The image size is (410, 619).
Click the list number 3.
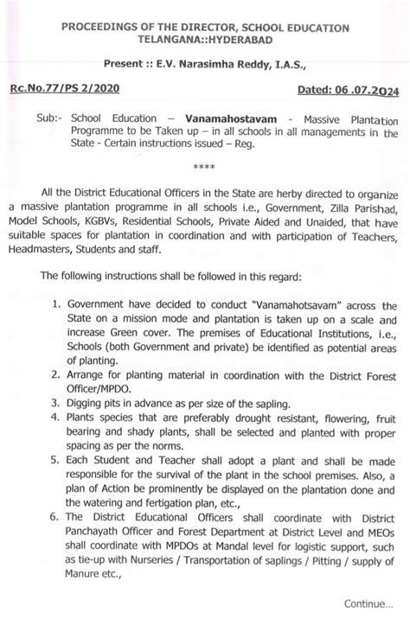coord(57,406)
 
